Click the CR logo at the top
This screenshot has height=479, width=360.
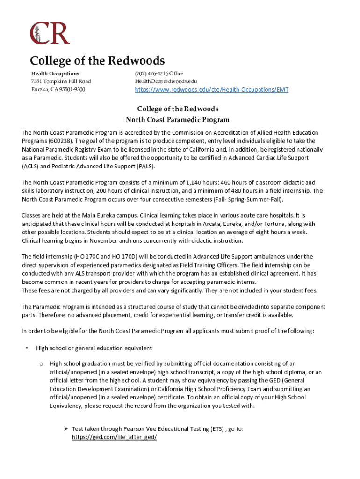point(50,33)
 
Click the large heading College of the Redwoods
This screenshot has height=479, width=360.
point(97,61)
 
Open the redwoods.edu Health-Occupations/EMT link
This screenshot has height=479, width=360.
point(211,89)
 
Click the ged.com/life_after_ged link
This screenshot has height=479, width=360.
point(114,437)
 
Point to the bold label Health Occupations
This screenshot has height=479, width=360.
point(55,73)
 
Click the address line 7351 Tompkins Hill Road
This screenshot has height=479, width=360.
point(61,81)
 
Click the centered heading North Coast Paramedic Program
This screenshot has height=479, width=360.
point(178,120)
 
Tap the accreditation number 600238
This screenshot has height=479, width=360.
point(60,141)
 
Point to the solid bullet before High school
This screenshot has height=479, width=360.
point(27,348)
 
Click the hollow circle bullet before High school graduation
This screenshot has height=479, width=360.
point(41,364)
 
